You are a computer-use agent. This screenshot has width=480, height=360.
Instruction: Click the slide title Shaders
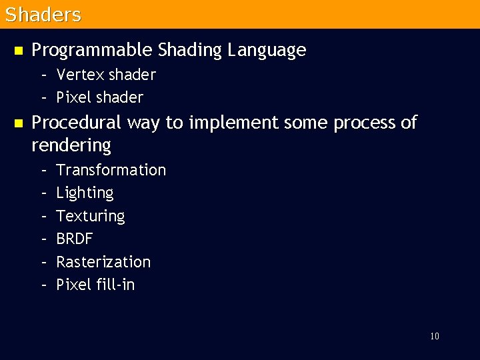coord(43,15)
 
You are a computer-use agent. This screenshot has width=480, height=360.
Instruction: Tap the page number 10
coord(434,336)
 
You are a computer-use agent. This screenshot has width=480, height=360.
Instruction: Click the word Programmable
coord(93,50)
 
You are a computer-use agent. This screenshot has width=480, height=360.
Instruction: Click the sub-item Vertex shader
coord(106,75)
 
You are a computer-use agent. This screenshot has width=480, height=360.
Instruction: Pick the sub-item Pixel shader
coord(100,97)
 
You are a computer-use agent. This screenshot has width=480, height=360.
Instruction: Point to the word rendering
coord(71,145)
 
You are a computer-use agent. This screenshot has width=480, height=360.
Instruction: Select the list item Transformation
coord(111,170)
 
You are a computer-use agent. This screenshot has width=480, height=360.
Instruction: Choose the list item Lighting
coord(85,193)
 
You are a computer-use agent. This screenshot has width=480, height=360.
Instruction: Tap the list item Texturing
coord(91,216)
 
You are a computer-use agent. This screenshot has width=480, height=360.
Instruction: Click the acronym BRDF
coord(75,239)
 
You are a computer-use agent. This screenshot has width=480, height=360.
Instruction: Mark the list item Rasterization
coord(103,261)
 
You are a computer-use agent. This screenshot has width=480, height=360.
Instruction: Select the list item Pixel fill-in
coord(95,285)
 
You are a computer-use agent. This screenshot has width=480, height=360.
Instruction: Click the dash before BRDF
coord(43,239)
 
